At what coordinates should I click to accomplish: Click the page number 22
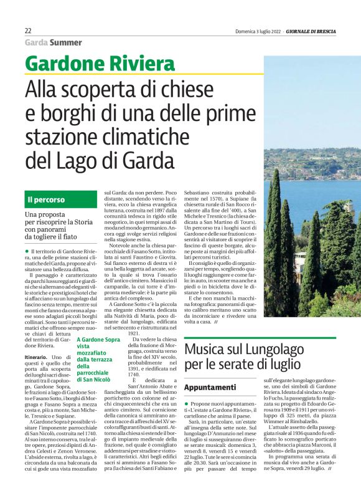tap(29, 31)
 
